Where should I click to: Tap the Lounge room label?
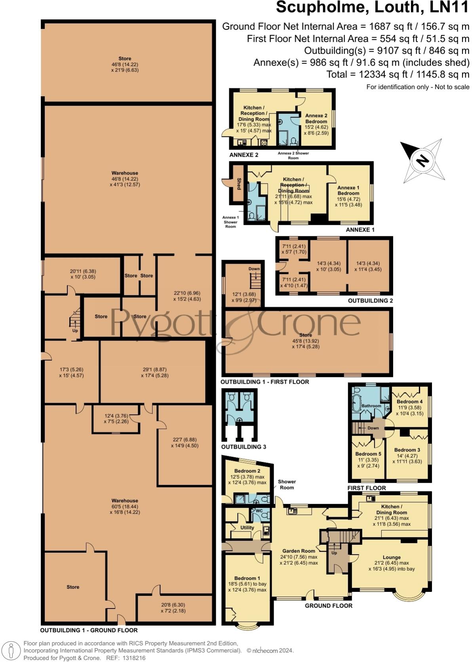click(391, 557)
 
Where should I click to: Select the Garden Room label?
click(299, 551)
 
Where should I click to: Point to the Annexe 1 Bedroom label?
click(348, 190)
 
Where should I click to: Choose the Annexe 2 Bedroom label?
click(316, 118)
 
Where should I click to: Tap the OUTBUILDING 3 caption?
click(244, 447)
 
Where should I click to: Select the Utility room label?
click(247, 527)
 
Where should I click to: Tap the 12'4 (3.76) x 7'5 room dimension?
click(116, 419)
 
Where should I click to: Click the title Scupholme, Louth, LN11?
click(372, 8)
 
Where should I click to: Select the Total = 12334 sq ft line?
click(398, 74)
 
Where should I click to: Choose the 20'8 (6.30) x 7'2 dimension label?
click(173, 608)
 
